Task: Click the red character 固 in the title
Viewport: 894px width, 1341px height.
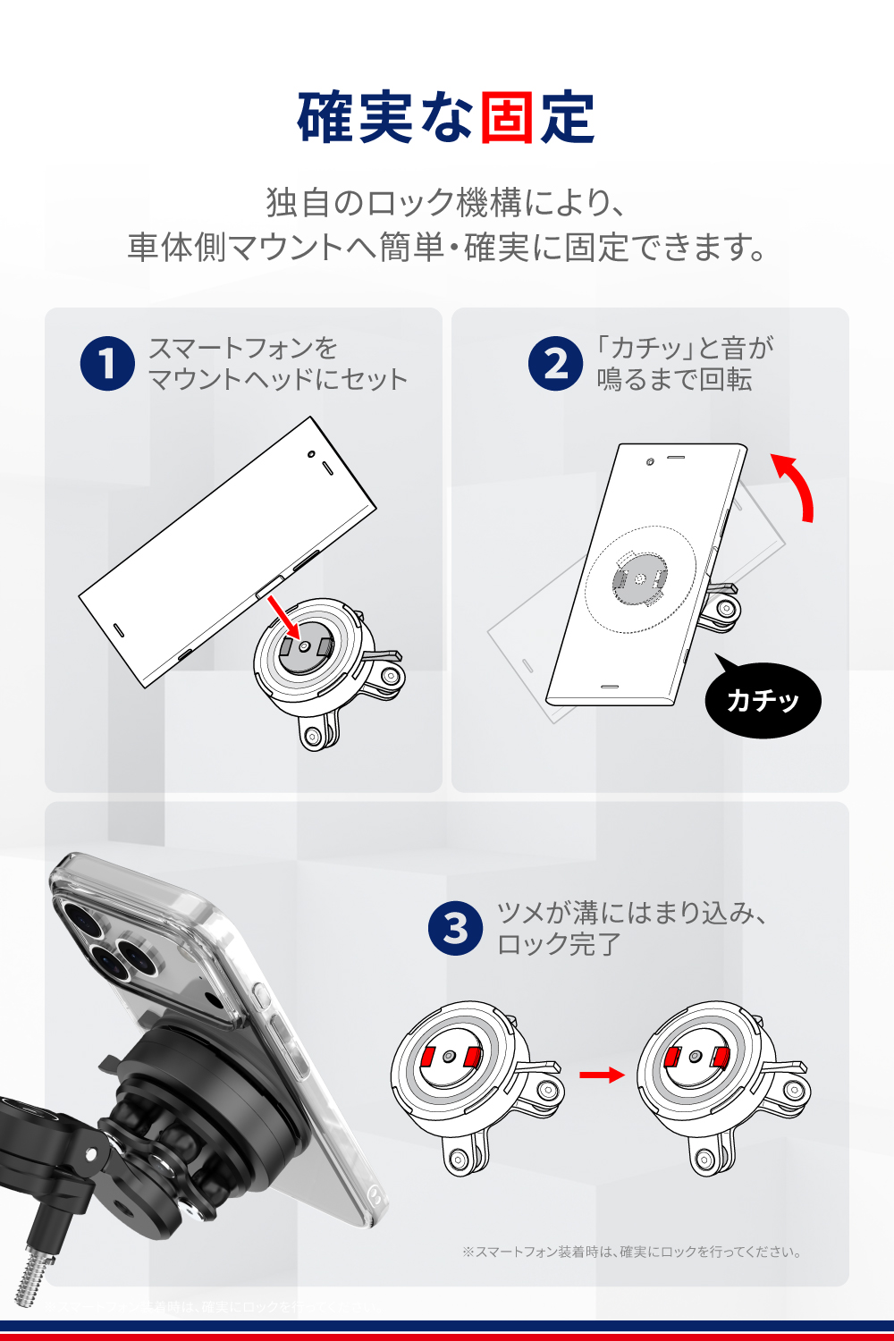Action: click(x=506, y=118)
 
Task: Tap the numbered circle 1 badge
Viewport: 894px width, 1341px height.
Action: click(x=107, y=364)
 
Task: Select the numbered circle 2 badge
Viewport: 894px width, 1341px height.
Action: click(x=555, y=364)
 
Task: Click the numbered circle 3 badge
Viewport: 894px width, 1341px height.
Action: click(x=455, y=928)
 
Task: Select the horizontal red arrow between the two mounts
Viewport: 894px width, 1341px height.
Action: click(x=602, y=1075)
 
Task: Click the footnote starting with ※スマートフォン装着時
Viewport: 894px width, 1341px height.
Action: click(x=631, y=1252)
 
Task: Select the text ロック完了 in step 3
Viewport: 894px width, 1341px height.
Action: click(x=559, y=944)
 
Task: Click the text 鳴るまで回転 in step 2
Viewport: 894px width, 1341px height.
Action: click(x=674, y=380)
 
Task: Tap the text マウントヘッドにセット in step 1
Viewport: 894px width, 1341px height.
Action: click(x=277, y=380)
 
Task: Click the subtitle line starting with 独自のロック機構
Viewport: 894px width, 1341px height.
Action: click(x=445, y=203)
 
